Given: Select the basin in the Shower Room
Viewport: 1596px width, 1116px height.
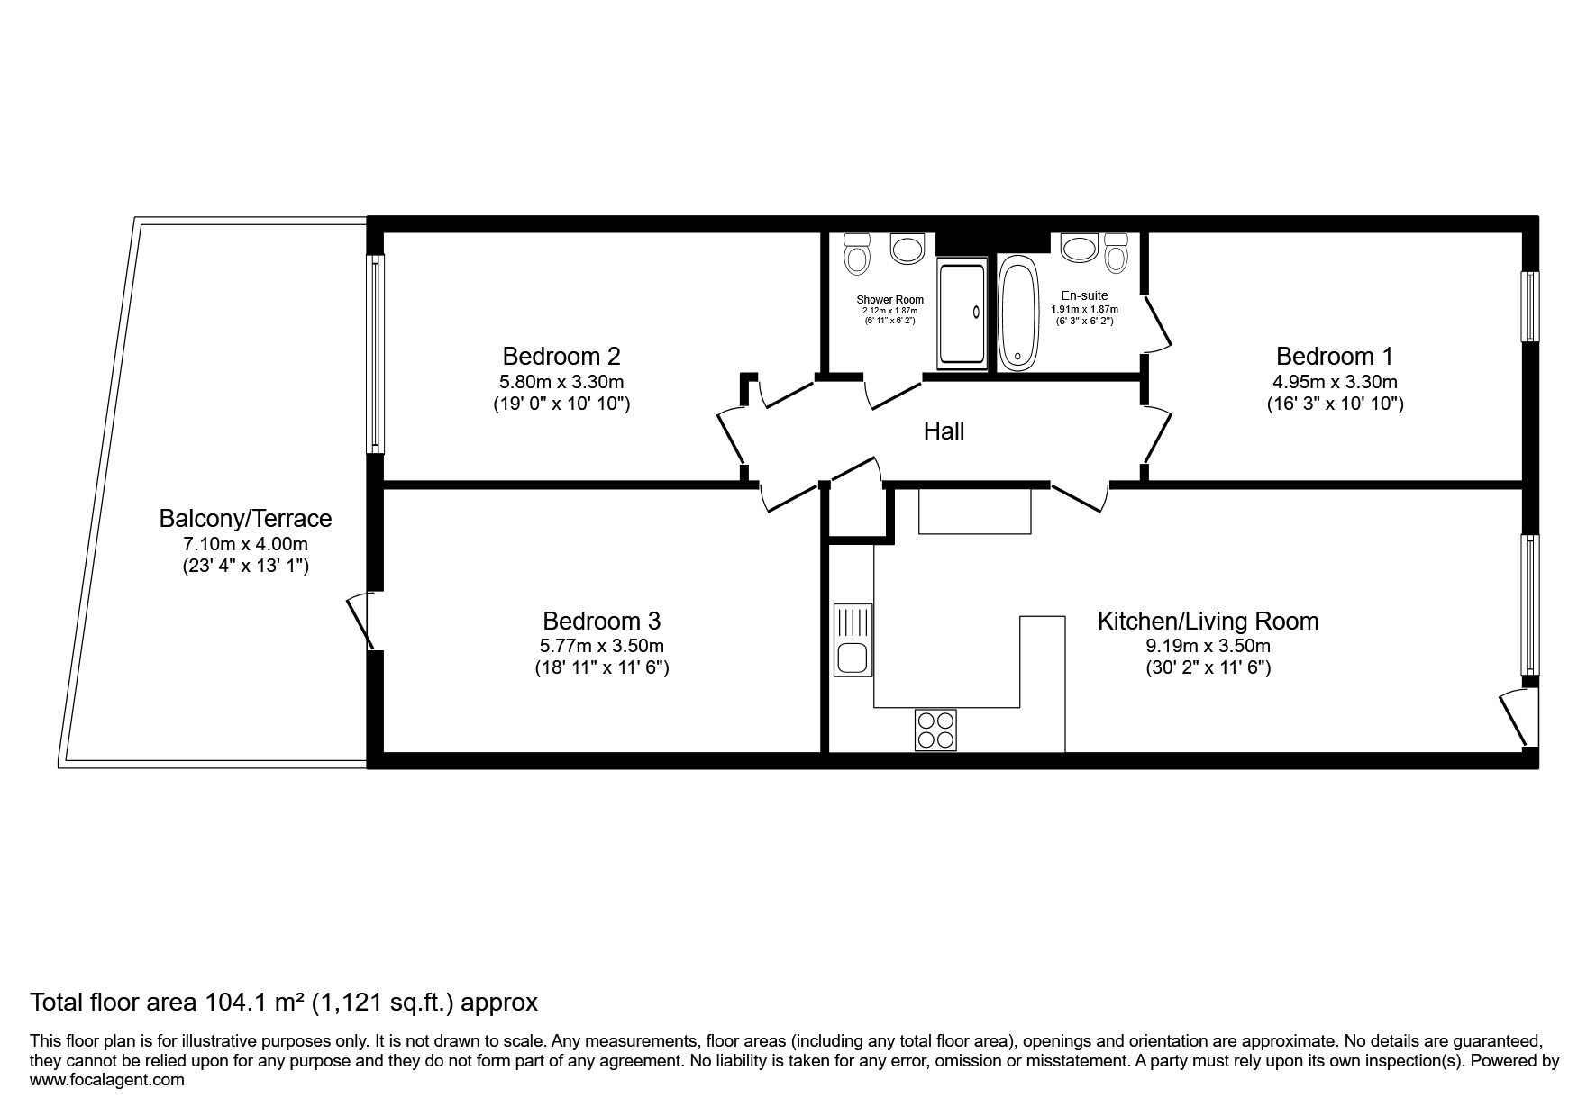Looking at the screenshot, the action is click(x=905, y=248).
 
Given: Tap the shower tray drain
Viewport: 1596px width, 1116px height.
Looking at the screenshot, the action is click(x=975, y=313).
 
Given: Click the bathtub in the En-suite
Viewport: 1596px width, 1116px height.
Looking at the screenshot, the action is click(x=1019, y=313).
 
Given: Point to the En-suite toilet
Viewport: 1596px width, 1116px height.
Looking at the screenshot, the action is click(x=1117, y=253).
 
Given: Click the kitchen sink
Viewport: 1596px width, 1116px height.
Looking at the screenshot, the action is click(x=852, y=640).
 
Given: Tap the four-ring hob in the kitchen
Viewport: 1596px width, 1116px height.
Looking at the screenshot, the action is click(x=935, y=730).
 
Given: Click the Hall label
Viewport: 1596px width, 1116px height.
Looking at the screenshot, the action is click(x=944, y=431).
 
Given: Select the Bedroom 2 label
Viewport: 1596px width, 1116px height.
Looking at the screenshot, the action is click(x=561, y=356).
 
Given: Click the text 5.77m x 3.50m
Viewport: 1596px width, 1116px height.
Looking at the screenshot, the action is click(x=602, y=646).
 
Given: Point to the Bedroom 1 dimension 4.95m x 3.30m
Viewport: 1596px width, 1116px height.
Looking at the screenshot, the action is click(x=1335, y=381).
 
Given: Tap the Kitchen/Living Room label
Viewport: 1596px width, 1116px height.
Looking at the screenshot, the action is click(x=1208, y=622).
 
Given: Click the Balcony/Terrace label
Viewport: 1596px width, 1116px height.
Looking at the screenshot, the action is click(x=245, y=519).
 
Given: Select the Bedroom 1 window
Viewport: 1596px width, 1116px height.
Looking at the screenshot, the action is click(x=1529, y=306).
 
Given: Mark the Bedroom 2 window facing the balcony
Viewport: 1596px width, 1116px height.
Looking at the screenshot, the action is click(x=376, y=354).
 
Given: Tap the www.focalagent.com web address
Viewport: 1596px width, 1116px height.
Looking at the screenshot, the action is click(x=107, y=1080).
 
